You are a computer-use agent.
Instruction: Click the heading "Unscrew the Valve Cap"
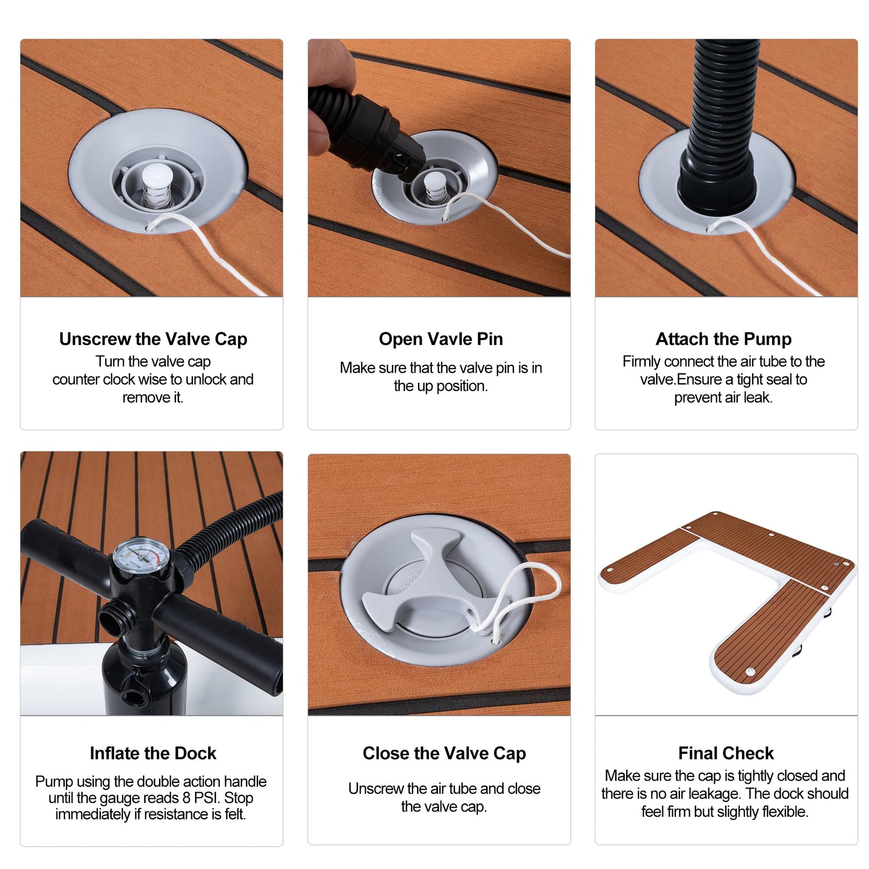tap(153, 339)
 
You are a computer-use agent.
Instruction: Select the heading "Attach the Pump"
tap(723, 339)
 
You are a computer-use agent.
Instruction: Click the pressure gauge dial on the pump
tap(141, 557)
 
